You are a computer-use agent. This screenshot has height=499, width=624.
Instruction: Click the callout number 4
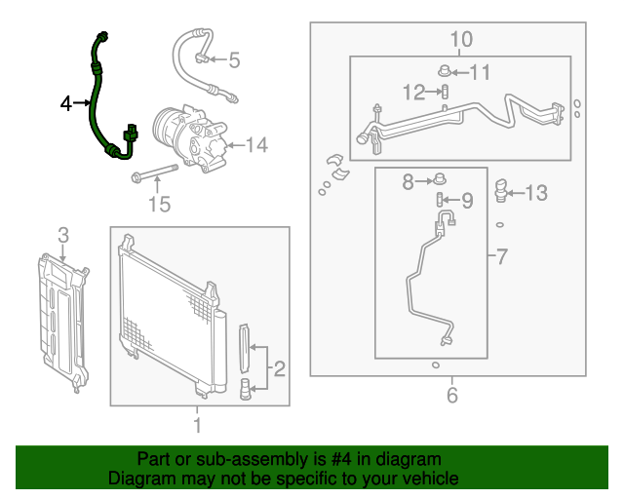(66, 102)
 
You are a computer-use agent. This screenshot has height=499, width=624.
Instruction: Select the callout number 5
(233, 60)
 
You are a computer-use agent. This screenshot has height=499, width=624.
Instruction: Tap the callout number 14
(255, 146)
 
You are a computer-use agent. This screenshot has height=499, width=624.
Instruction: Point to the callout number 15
(158, 204)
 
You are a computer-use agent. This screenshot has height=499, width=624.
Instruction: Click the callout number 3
(63, 235)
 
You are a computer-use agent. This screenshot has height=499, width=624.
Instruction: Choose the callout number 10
(460, 39)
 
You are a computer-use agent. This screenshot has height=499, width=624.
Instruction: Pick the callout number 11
(481, 71)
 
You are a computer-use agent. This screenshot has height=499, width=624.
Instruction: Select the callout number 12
(413, 93)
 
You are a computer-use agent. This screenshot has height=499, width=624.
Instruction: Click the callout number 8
(409, 180)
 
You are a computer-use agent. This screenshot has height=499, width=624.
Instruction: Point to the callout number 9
(466, 201)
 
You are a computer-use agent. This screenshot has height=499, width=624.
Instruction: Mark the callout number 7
(501, 257)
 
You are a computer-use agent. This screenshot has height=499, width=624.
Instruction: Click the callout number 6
(451, 395)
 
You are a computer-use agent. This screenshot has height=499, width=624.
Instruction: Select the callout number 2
(280, 368)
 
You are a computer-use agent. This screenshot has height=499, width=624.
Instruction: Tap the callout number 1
(197, 425)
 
